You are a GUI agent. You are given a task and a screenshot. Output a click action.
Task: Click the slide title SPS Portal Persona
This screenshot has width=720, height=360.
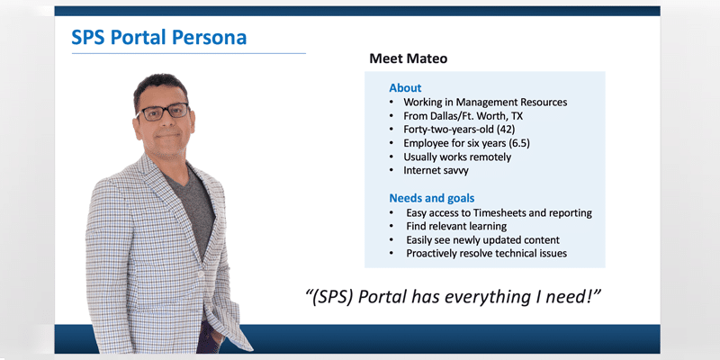click(159, 38)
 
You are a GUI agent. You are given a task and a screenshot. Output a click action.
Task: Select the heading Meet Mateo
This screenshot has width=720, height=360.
click(409, 58)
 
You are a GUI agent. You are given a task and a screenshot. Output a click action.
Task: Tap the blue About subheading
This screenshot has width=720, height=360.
click(405, 87)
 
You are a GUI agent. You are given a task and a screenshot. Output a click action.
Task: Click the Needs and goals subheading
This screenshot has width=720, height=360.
click(432, 198)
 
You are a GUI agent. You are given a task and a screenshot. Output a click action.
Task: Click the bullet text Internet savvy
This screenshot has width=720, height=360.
click(436, 171)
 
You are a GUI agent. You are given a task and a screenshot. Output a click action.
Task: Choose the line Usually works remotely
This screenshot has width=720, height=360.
click(457, 157)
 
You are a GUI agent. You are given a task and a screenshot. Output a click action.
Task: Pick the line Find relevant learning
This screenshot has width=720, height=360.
click(456, 227)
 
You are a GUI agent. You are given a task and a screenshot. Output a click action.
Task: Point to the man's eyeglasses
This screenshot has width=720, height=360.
click(163, 112)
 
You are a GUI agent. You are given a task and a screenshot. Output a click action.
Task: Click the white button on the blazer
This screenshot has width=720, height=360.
click(201, 274)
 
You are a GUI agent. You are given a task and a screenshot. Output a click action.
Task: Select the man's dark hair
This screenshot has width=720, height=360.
click(160, 87)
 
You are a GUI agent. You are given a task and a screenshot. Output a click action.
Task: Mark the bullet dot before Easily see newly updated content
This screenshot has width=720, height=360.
click(391, 240)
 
